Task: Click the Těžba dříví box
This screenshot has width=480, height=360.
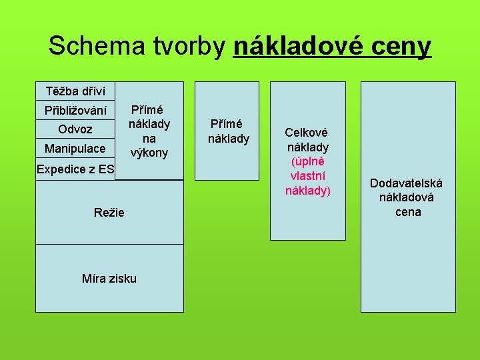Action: pos(75,91)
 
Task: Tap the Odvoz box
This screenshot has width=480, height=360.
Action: pos(75,129)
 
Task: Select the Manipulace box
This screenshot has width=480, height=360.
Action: pos(75,148)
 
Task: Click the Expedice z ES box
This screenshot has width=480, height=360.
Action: pos(75,169)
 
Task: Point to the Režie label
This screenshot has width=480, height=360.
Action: pos(109,212)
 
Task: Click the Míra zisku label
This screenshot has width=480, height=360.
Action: pos(109,278)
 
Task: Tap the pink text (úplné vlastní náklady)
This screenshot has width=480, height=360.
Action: pos(307,176)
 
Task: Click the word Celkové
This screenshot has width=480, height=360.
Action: pos(307,133)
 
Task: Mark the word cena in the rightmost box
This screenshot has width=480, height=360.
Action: pos(407,212)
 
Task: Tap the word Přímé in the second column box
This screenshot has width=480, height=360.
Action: pos(227,124)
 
